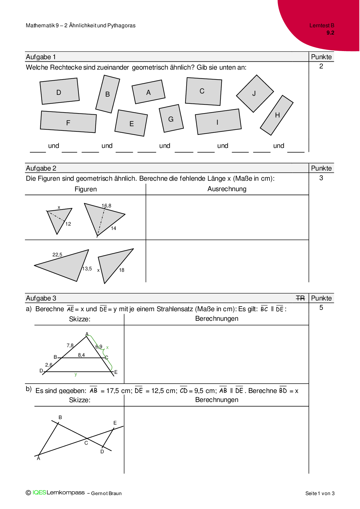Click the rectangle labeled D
point(59,91)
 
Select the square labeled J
point(255,93)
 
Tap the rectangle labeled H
point(277,115)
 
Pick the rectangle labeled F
point(68,122)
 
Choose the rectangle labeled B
point(108,94)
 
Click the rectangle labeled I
point(218,122)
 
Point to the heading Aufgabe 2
point(41,168)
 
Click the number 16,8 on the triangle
point(106,206)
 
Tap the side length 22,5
point(57,255)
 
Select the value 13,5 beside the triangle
point(87,269)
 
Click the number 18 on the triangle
point(122,270)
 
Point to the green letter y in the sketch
point(76,374)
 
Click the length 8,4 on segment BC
point(81,355)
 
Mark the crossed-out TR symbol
point(300,298)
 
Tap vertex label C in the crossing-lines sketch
point(86,443)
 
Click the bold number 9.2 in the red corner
point(330,33)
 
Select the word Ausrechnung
point(227,189)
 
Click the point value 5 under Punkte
point(321,308)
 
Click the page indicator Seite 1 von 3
point(320,493)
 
